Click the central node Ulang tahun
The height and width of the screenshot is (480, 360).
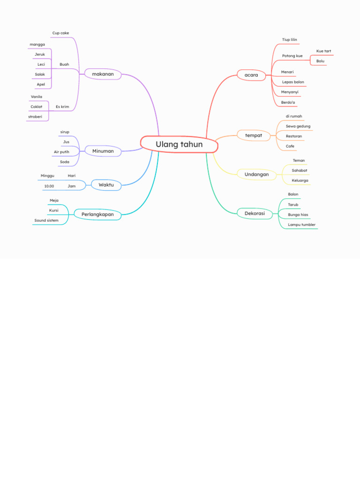[179, 144]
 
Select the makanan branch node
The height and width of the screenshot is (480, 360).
[103, 74]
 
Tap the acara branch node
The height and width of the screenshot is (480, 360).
[251, 75]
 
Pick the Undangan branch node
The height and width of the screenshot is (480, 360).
[256, 174]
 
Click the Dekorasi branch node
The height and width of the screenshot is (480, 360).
[255, 213]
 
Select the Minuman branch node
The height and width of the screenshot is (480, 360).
[103, 151]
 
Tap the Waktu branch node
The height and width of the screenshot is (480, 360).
[106, 185]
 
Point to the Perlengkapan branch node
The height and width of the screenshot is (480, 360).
[97, 215]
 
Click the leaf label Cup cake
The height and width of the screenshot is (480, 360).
[60, 33]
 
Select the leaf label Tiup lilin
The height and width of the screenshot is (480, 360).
[289, 40]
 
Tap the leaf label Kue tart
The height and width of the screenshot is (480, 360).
[323, 51]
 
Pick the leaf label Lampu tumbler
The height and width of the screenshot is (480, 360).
[301, 225]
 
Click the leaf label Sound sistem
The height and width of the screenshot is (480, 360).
[46, 220]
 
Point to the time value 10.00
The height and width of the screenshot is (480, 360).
[49, 186]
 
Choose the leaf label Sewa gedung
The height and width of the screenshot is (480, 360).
[298, 126]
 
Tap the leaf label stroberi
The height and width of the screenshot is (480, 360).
[35, 117]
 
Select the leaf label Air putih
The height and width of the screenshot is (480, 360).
[61, 152]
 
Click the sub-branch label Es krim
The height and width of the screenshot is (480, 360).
[62, 107]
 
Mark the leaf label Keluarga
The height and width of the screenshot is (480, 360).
[300, 180]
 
